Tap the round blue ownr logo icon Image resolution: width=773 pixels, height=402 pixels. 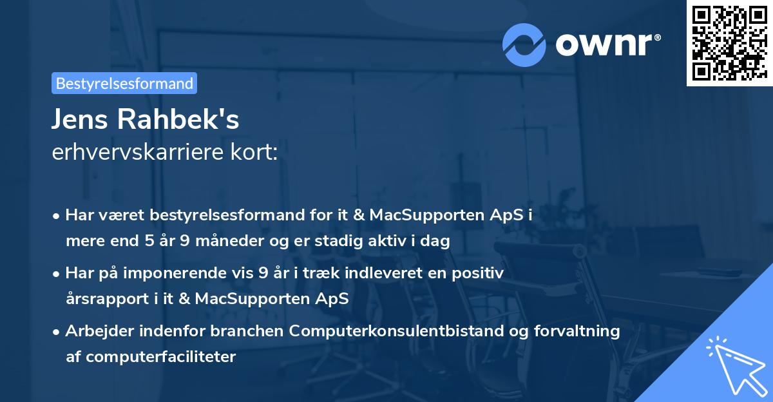pos(524,44)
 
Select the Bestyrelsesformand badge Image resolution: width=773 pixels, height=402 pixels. pos(124,83)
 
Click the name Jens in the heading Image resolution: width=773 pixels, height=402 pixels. pos(81,119)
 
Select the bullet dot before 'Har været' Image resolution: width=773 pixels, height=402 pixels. pos(57,216)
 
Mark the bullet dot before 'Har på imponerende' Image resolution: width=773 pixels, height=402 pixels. pos(57,274)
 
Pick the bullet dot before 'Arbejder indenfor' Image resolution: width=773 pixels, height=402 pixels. pos(57,332)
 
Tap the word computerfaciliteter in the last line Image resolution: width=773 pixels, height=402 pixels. pos(151,357)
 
